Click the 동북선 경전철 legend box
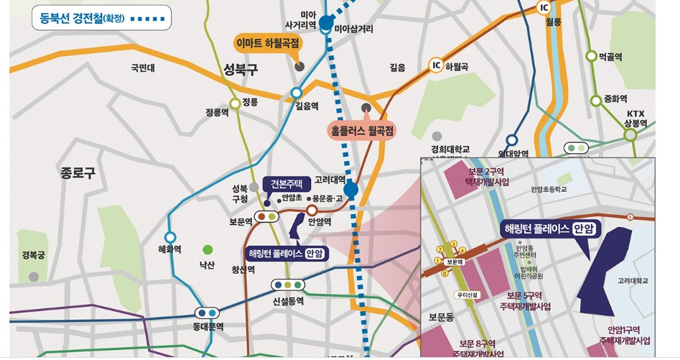101,17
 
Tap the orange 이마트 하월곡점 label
269,44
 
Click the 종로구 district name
78,172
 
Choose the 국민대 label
143,68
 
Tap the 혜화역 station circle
170,237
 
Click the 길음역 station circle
296,93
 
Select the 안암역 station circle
312,210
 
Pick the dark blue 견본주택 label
287,183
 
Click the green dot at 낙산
208,250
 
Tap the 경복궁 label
33,255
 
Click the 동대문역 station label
208,326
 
